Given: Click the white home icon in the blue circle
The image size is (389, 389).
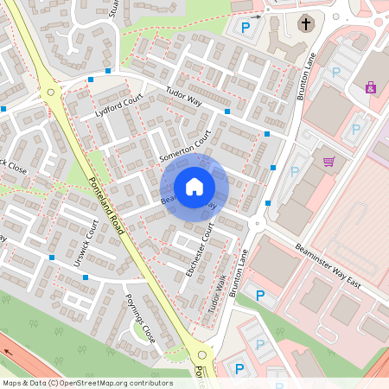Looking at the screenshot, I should pos(194,186).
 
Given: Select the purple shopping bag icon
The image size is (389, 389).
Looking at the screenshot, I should pos(371,87).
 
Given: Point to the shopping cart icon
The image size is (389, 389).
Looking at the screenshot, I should pos(328,162).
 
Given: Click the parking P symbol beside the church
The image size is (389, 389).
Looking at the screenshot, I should pos(246,28).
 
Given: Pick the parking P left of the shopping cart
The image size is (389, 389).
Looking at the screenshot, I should pos(294,171).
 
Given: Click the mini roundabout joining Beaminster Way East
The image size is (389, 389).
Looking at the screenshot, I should pos(255,223).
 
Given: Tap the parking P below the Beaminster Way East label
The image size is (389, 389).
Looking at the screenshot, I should pos(260,296).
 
